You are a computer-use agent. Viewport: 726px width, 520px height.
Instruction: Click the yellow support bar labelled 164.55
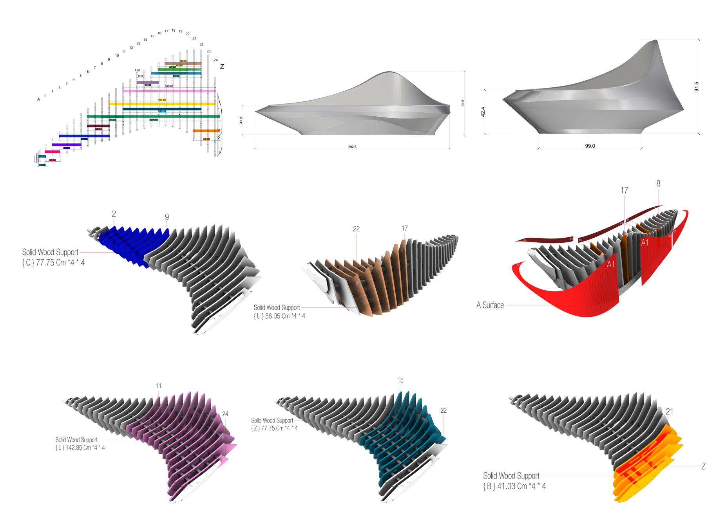point(162,104)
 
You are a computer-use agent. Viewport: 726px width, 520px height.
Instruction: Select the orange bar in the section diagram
point(206,131)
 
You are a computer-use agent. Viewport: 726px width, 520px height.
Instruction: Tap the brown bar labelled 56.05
point(183,63)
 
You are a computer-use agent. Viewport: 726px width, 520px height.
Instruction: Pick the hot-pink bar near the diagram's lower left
point(53,152)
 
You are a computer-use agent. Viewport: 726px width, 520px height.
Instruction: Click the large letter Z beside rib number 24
point(222,67)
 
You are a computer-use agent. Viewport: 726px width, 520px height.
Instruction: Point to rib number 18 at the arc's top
point(174,31)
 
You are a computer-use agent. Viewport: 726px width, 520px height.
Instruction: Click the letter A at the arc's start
point(38,99)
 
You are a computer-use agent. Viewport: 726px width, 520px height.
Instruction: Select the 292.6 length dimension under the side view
point(352,147)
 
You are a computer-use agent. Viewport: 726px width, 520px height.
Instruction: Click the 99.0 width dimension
point(590,146)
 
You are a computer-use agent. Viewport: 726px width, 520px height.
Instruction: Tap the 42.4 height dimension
point(483,112)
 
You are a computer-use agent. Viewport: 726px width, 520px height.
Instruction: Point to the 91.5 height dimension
point(696,87)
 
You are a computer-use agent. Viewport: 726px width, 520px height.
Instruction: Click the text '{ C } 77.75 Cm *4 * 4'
point(53,263)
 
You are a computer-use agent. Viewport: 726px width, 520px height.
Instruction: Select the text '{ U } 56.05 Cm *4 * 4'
point(279,316)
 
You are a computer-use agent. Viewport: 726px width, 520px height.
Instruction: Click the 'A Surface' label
point(490,305)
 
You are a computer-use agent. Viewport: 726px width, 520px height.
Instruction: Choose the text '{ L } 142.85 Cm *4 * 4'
point(80,448)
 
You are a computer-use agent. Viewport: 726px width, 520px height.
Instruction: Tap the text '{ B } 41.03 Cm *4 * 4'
point(514,486)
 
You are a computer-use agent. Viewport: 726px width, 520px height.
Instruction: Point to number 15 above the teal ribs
point(400,381)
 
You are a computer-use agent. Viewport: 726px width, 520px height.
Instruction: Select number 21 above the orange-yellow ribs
point(670,412)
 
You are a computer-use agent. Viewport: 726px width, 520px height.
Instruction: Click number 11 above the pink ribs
point(158,386)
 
